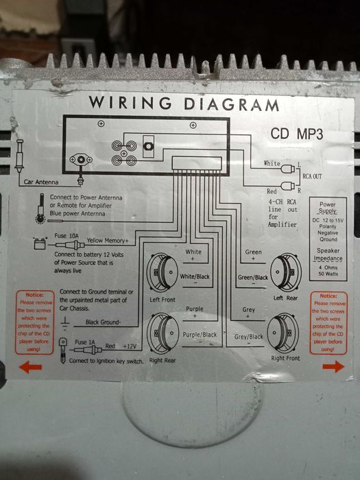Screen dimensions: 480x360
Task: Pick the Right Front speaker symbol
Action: coord(287,332)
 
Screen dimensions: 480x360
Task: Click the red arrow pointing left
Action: coord(29,367)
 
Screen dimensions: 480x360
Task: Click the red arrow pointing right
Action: coord(333,367)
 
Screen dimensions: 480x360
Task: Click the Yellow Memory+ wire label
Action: coord(108,241)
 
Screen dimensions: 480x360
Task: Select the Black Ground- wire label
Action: coord(103,322)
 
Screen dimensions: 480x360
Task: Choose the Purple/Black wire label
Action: coord(200,333)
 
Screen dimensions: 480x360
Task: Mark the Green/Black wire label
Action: coord(252,278)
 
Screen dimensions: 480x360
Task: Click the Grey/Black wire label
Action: coord(248,337)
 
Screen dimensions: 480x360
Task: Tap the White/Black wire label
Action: coord(195,276)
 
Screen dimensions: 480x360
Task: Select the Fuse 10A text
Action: coord(67,235)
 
